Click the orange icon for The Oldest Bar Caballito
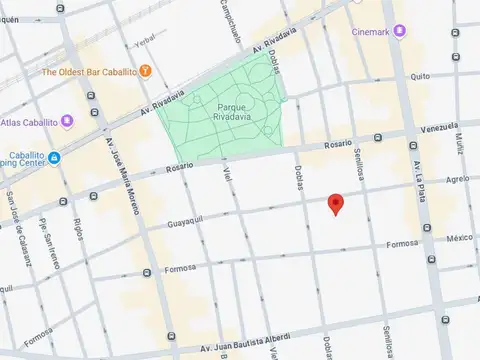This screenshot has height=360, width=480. click(x=146, y=70)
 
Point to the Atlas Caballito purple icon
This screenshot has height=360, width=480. click(x=67, y=122)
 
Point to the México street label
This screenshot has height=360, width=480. click(x=459, y=238)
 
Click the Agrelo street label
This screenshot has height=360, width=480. click(x=457, y=179)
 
